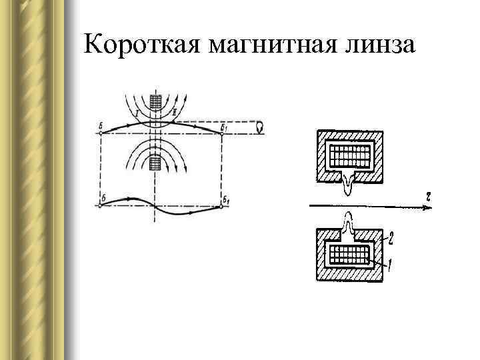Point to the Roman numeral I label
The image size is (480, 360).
click(x=136, y=114)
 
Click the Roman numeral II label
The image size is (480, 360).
click(x=175, y=114)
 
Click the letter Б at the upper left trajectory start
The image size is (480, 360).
click(x=100, y=125)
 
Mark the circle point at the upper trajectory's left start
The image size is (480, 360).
click(x=100, y=133)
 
